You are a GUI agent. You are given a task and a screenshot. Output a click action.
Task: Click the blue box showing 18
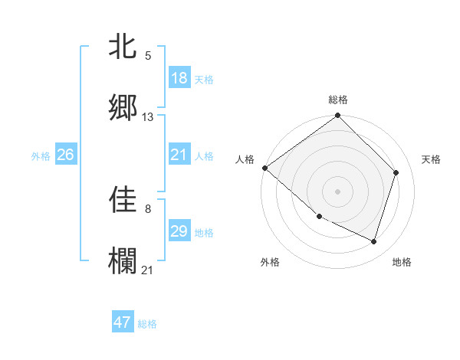pyautogui.click(x=179, y=78)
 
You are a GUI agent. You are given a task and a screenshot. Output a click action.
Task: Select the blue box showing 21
pyautogui.click(x=179, y=155)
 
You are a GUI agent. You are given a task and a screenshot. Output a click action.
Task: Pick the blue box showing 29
pyautogui.click(x=179, y=231)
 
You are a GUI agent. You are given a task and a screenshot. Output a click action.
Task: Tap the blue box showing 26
pyautogui.click(x=66, y=155)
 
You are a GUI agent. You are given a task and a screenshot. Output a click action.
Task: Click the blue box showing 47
pyautogui.click(x=123, y=322)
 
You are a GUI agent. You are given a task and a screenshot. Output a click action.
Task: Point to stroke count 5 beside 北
pyautogui.click(x=148, y=56)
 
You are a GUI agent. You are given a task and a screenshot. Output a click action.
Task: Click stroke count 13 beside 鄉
pyautogui.click(x=148, y=117)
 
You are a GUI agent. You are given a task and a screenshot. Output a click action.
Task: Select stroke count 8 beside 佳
pyautogui.click(x=148, y=208)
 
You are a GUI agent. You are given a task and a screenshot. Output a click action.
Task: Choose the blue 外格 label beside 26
pyautogui.click(x=41, y=156)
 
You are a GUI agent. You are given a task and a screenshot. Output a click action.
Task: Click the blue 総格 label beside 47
pyautogui.click(x=147, y=324)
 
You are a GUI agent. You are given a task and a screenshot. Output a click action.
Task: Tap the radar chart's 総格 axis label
pyautogui.click(x=338, y=100)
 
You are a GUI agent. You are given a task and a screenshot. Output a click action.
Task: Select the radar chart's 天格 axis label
pyautogui.click(x=432, y=159)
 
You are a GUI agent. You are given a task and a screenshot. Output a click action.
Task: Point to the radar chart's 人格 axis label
pyautogui.click(x=245, y=159)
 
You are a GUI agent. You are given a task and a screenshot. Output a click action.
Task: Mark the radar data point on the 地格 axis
pyautogui.click(x=374, y=242)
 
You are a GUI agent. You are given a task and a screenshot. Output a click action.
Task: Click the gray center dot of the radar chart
pyautogui.click(x=338, y=191)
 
